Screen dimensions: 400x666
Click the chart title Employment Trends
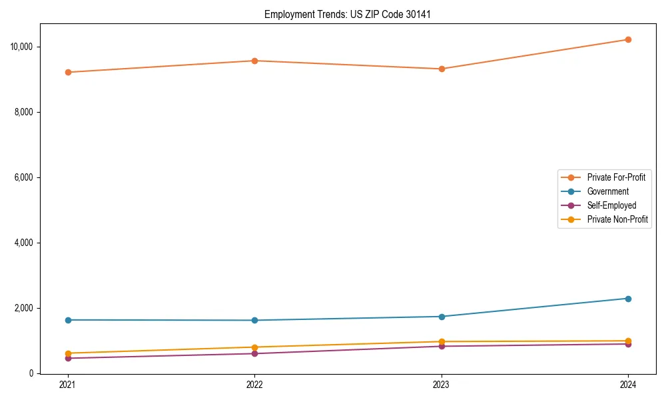tap(348, 14)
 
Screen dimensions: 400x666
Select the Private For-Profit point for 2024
tap(628, 39)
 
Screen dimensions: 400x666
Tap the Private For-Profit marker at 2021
tap(68, 72)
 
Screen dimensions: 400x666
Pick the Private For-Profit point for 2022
tap(254, 61)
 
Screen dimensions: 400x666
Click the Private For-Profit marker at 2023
tap(442, 69)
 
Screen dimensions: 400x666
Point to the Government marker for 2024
tap(628, 299)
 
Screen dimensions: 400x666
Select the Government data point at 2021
tap(68, 320)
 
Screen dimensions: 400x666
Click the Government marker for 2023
tap(442, 317)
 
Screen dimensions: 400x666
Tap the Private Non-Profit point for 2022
tap(254, 347)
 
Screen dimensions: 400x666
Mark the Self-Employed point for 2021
tap(68, 358)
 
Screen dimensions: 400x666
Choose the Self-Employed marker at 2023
tap(442, 346)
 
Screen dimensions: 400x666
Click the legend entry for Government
tap(607, 191)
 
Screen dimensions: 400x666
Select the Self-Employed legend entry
tap(611, 205)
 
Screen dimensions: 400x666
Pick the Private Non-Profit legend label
tap(617, 219)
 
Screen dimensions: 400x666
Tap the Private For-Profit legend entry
tap(616, 177)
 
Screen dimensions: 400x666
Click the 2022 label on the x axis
tap(254, 385)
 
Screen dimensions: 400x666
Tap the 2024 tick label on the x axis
tap(628, 385)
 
